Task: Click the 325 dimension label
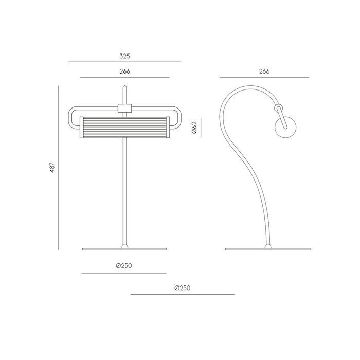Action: (x=124, y=56)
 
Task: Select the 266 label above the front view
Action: (x=124, y=71)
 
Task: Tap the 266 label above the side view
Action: (x=264, y=71)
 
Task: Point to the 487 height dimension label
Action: (x=52, y=167)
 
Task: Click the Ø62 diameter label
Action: (x=194, y=128)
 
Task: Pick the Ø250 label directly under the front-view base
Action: (x=124, y=266)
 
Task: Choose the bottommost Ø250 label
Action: (x=183, y=288)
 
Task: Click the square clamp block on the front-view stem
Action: (x=124, y=109)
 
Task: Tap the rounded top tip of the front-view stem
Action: (x=124, y=86)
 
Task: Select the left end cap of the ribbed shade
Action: (x=81, y=128)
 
